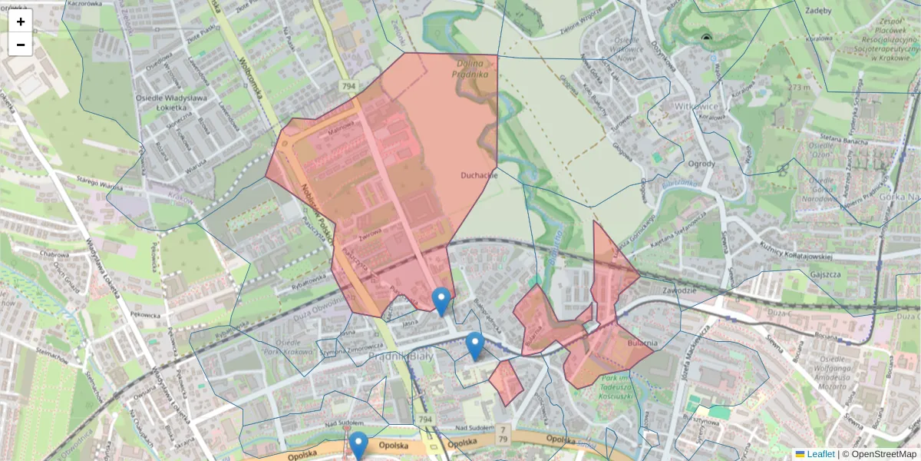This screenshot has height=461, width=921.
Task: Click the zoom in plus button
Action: point(21,22)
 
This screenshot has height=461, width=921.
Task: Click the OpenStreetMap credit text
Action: point(883,454)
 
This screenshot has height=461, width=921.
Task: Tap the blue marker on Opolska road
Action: point(358,445)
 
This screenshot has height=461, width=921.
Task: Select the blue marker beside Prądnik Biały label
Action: point(475,345)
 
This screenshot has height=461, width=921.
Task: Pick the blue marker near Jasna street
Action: point(441,300)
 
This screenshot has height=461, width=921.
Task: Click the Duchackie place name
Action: point(480,175)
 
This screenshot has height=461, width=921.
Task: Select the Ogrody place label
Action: point(701,163)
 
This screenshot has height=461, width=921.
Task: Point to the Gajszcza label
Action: point(826,274)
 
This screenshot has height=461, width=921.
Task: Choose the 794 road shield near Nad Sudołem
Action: point(425,420)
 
